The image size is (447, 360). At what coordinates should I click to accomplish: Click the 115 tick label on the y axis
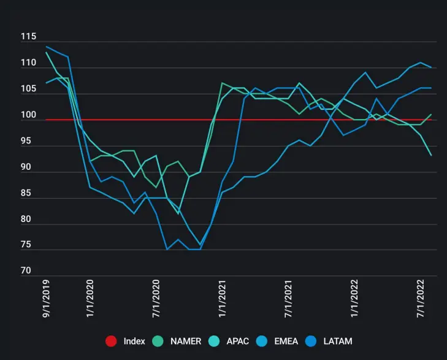pyautogui.click(x=28, y=37)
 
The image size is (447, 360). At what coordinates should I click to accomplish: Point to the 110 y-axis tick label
pyautogui.click(x=28, y=63)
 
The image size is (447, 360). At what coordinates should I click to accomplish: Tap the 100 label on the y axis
pyautogui.click(x=28, y=115)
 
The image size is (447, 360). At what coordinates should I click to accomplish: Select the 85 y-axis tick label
pyautogui.click(x=28, y=193)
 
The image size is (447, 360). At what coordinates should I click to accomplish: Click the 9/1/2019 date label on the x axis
pyautogui.click(x=46, y=301)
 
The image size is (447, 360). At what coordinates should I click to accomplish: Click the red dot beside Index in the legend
pyautogui.click(x=111, y=341)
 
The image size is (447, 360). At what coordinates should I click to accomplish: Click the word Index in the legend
pyautogui.click(x=134, y=341)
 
